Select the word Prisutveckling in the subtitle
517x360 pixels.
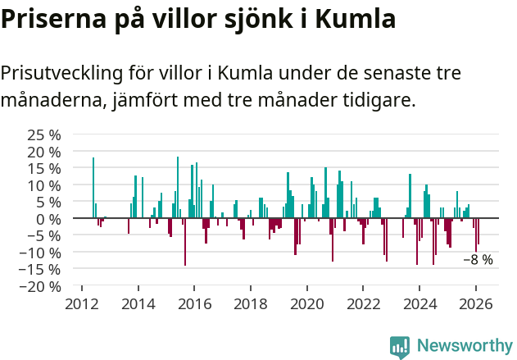click(x=61, y=73)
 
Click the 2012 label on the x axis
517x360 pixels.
click(x=81, y=303)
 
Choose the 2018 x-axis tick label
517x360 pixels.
click(x=251, y=303)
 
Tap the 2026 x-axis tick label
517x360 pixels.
click(x=476, y=303)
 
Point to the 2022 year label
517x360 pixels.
click(x=363, y=303)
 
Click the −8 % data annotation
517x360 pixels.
click(x=478, y=260)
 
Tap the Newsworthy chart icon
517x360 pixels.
click(x=400, y=347)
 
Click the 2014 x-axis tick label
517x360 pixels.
click(x=138, y=303)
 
